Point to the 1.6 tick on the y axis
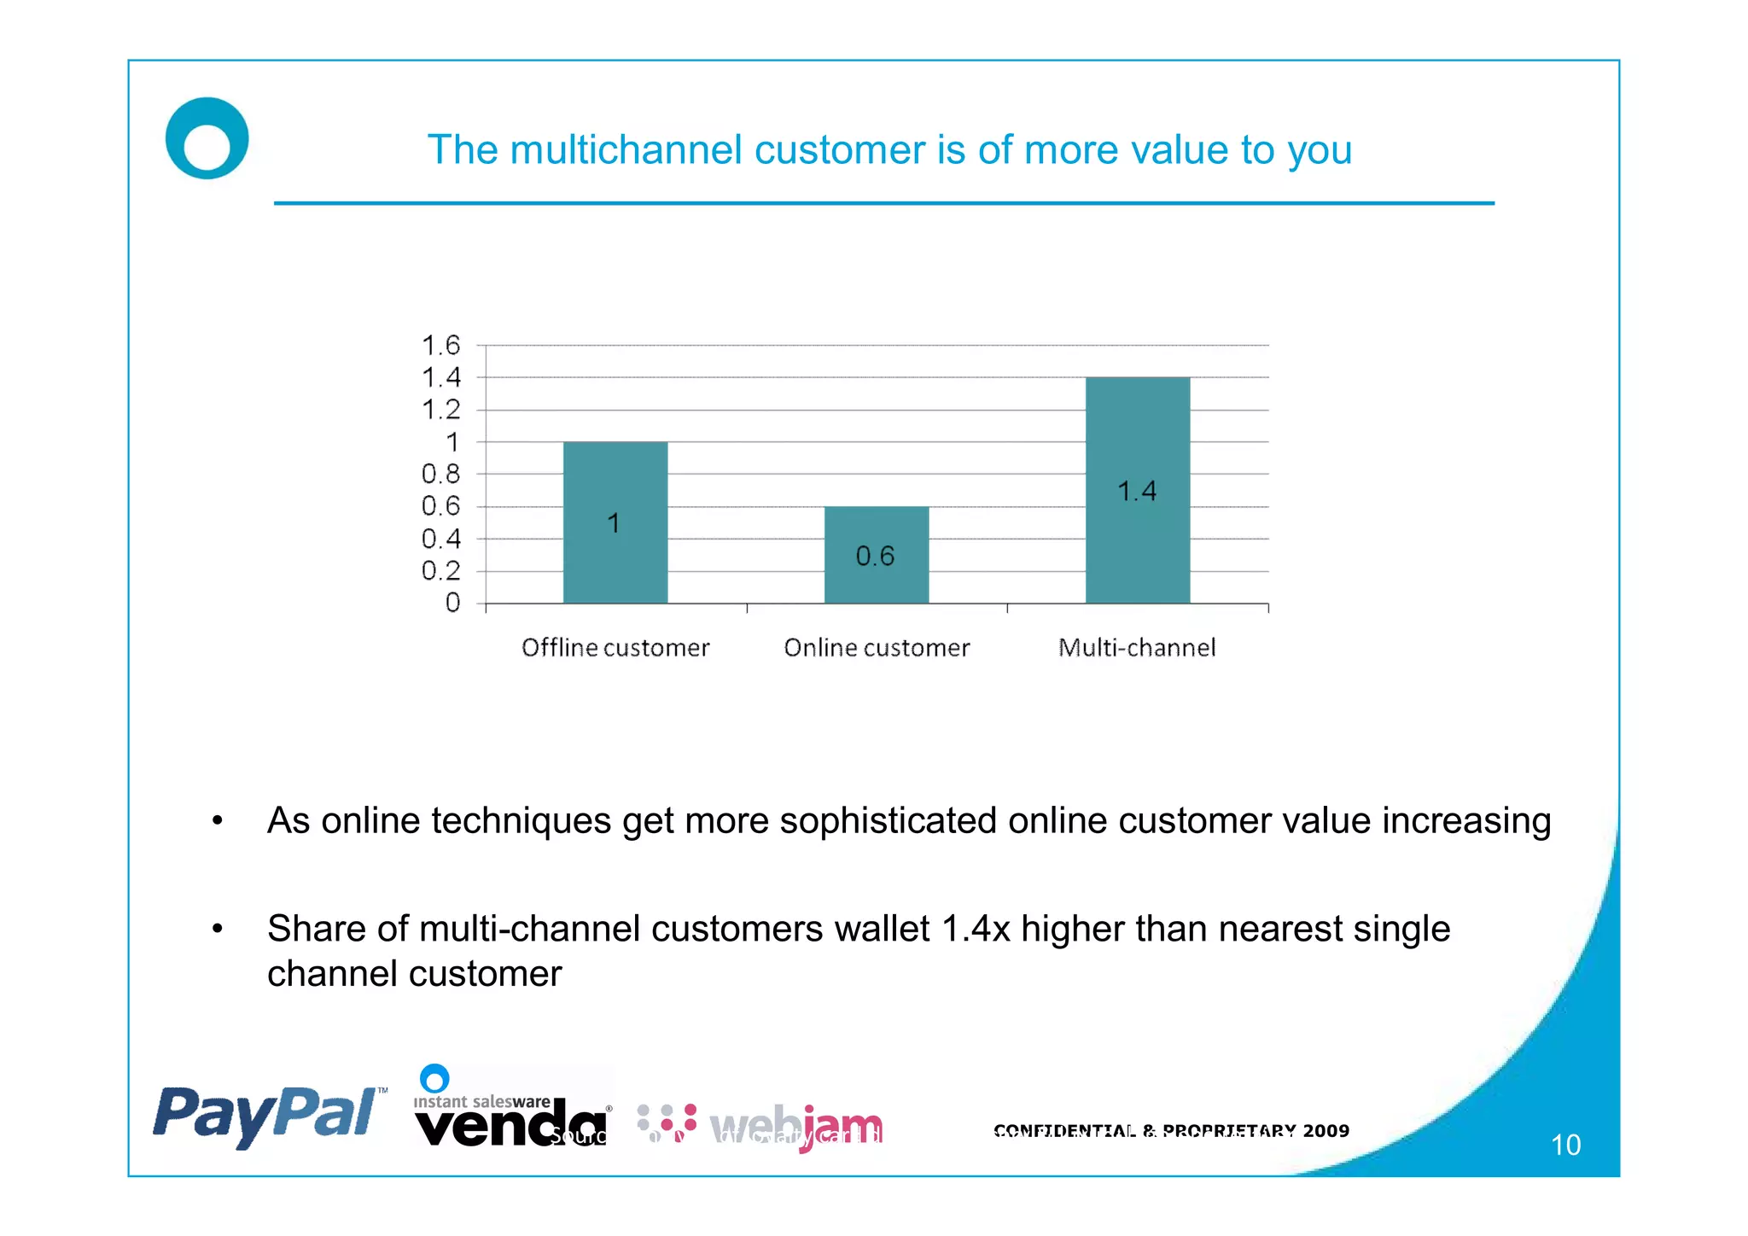pyautogui.click(x=441, y=346)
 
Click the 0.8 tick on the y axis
pyautogui.click(x=441, y=474)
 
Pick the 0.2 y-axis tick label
pyautogui.click(x=441, y=570)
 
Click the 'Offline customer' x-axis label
pyautogui.click(x=615, y=648)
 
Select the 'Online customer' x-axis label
pyautogui.click(x=877, y=648)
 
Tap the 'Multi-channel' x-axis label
pyautogui.click(x=1137, y=648)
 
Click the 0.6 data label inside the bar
pyautogui.click(x=875, y=557)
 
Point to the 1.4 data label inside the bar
pyautogui.click(x=1137, y=492)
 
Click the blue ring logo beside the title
pyautogui.click(x=207, y=138)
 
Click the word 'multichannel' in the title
pyautogui.click(x=626, y=150)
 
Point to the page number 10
pyautogui.click(x=1565, y=1145)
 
